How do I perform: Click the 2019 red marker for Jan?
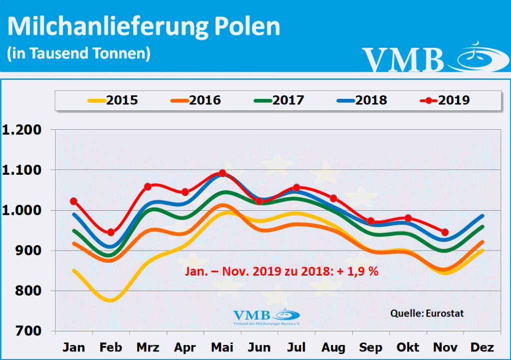tap(74, 201)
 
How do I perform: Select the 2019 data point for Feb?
tap(111, 232)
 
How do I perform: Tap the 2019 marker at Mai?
tap(223, 173)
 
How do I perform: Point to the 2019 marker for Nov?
tap(445, 232)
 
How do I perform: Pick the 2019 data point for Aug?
tap(334, 198)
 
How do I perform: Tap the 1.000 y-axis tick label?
tap(24, 210)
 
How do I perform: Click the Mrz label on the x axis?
tap(148, 347)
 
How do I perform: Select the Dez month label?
tap(482, 347)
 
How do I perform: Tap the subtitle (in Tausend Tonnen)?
tap(78, 53)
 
